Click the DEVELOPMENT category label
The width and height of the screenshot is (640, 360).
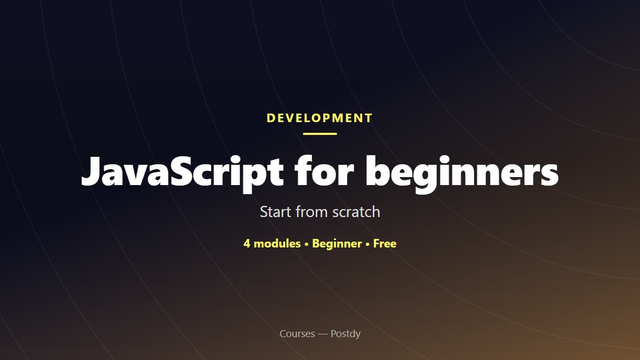319,118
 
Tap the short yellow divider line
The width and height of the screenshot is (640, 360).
320,134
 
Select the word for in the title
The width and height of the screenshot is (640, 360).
324,171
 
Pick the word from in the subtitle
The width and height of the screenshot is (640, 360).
311,212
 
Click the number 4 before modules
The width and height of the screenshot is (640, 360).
247,244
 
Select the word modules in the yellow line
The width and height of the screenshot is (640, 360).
277,244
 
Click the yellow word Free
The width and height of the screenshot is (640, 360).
385,244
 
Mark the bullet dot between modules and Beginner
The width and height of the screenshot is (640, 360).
307,245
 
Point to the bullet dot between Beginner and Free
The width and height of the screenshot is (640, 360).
367,245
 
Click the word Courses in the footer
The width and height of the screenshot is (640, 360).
297,334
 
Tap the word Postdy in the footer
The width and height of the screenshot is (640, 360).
346,334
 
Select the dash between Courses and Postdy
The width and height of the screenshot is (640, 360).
323,334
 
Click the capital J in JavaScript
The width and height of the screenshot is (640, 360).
92,171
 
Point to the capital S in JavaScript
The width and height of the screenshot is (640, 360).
181,171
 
